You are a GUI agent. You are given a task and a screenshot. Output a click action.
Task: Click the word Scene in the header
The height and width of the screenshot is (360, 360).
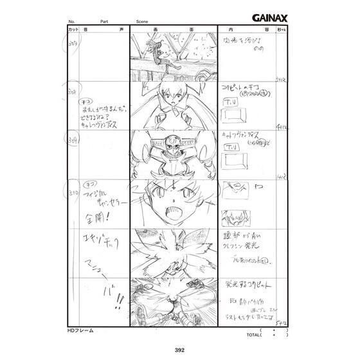click(143, 22)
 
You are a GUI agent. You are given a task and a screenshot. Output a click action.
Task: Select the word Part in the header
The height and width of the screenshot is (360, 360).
click(104, 22)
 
